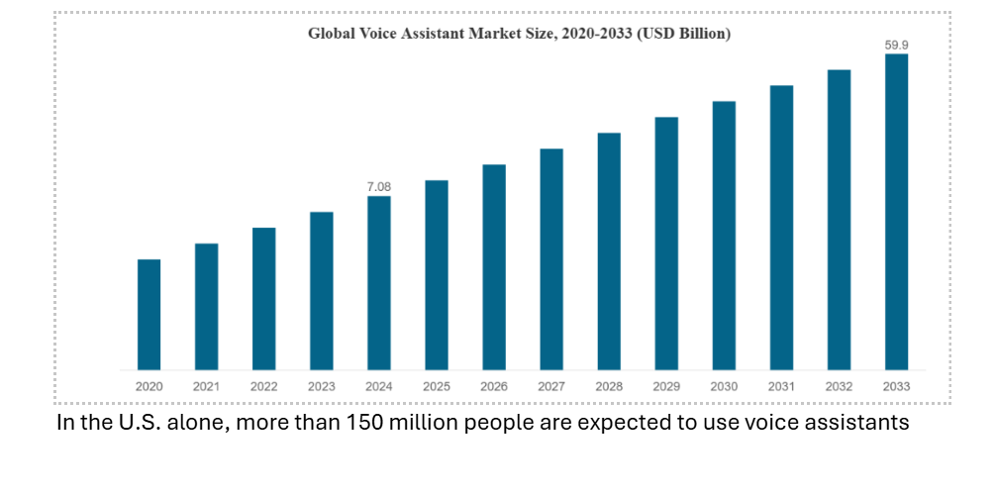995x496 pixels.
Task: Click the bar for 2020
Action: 149,315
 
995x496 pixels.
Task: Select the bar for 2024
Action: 379,283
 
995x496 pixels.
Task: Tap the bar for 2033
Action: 897,212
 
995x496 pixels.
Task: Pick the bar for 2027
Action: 551,259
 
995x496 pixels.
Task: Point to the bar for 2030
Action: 724,236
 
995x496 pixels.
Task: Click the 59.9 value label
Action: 897,45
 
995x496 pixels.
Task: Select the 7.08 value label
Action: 379,186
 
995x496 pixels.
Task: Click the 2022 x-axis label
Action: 263,386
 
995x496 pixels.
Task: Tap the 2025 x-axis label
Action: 437,386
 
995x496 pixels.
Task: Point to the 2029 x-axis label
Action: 666,386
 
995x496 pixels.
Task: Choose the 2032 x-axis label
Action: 840,386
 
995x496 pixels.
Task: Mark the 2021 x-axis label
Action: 206,386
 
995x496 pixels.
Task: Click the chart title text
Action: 519,34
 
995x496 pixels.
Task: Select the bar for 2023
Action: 322,291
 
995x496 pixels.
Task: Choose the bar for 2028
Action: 609,251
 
